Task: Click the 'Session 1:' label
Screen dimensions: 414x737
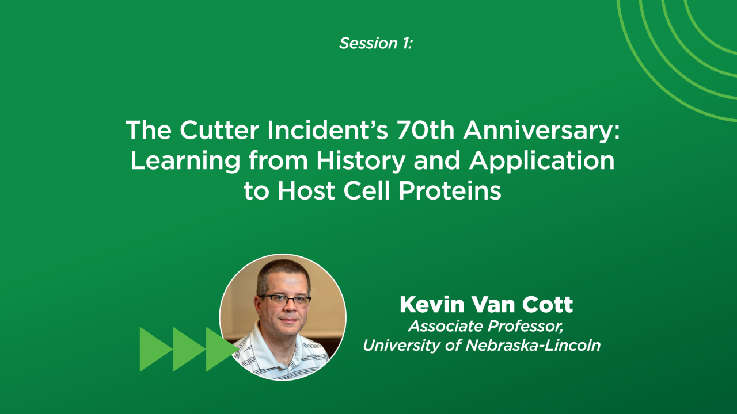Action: click(x=375, y=43)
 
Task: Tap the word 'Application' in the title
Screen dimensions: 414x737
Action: click(x=542, y=162)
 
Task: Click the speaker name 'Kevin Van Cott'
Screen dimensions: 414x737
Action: click(x=486, y=305)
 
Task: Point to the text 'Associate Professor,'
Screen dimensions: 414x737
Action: click(x=485, y=327)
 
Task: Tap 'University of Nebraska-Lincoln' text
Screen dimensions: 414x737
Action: click(x=481, y=346)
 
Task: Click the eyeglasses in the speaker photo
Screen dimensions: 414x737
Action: click(x=285, y=300)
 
